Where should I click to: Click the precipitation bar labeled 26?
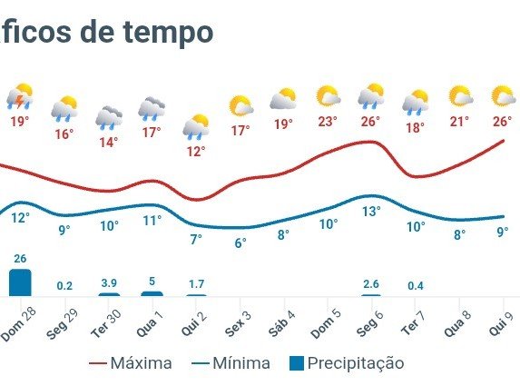(x=20, y=282)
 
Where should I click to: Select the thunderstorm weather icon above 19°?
(x=20, y=96)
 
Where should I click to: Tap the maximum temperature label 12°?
(x=196, y=152)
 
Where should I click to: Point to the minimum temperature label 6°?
(x=240, y=242)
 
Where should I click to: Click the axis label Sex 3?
(x=239, y=323)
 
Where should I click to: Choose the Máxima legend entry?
(x=131, y=363)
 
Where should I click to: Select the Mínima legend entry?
(x=231, y=363)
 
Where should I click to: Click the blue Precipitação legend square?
(x=297, y=363)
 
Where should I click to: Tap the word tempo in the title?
(x=168, y=33)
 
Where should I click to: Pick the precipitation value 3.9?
(x=109, y=283)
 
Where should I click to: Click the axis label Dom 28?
(x=18, y=323)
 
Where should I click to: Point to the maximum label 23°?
(x=328, y=122)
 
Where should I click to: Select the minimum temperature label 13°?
(x=371, y=212)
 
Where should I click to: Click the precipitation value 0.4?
(x=416, y=286)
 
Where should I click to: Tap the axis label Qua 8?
(x=457, y=323)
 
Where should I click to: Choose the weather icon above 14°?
(x=109, y=118)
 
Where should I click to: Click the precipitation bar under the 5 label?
(x=152, y=293)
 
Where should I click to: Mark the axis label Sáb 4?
(x=282, y=323)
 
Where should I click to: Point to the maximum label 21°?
(x=459, y=122)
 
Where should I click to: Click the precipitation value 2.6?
(x=371, y=284)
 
